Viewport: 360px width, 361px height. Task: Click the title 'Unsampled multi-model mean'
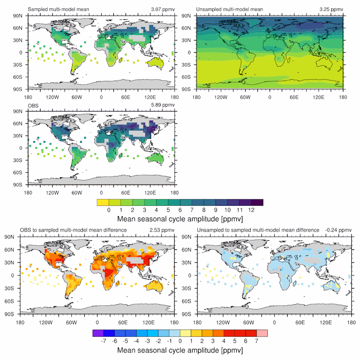(x=223, y=9)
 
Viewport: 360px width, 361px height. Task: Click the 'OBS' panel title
(x=33, y=105)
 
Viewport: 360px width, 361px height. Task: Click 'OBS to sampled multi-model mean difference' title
(x=73, y=230)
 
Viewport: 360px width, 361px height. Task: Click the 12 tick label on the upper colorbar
(x=252, y=210)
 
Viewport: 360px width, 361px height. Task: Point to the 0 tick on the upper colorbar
(x=108, y=210)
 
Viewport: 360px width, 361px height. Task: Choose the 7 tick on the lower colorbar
(x=256, y=341)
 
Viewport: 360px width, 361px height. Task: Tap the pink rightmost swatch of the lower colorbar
(x=262, y=333)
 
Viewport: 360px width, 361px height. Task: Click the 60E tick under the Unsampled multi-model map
(x=294, y=97)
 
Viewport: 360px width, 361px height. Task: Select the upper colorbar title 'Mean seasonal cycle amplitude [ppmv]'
(x=180, y=219)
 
